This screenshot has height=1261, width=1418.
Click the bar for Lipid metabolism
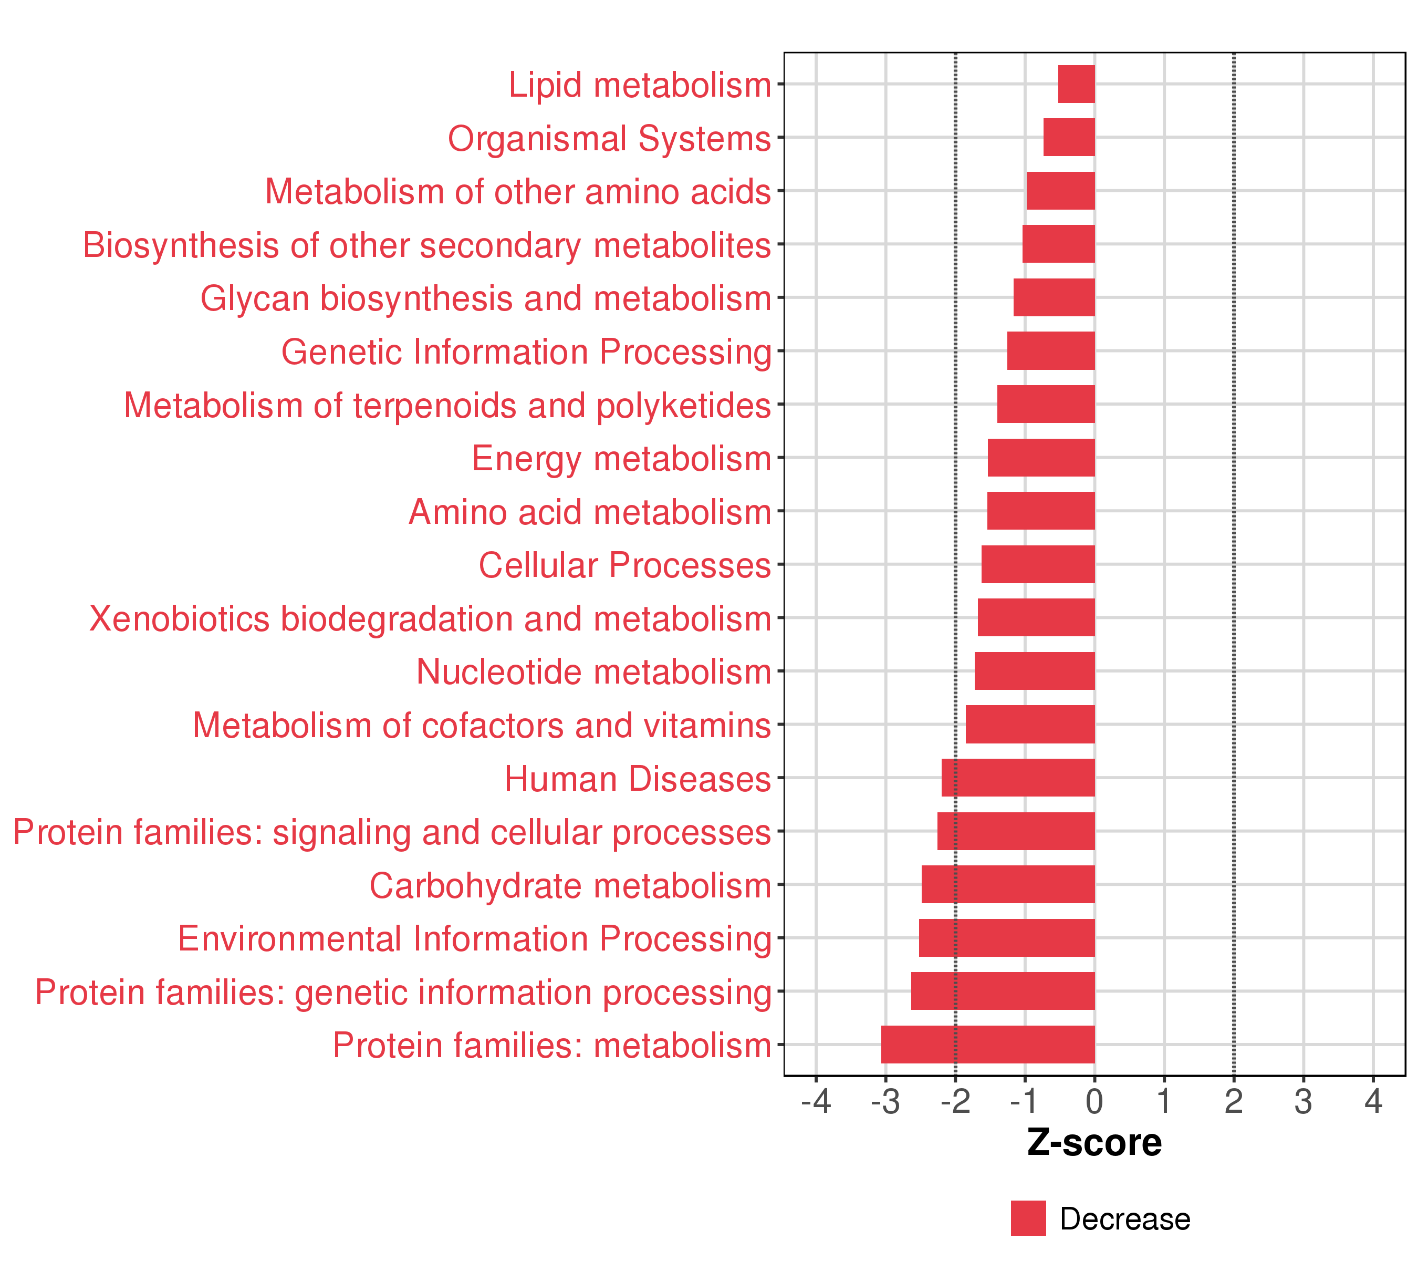(1076, 84)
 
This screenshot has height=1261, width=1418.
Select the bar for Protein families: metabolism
(988, 1044)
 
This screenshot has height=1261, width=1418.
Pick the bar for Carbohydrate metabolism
(1008, 884)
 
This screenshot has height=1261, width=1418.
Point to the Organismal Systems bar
(1069, 138)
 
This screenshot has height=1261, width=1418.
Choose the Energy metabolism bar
(1041, 457)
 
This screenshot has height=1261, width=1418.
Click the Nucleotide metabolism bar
(1035, 670)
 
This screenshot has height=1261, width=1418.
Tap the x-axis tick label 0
(1094, 1101)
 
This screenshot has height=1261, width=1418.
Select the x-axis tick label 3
(1304, 1101)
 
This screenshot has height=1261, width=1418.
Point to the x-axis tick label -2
(955, 1101)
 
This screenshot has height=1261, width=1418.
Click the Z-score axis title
(1094, 1143)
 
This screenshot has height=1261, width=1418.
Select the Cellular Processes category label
(624, 565)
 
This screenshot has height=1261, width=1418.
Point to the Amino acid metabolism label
(590, 512)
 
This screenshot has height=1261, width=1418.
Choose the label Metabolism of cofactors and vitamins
(482, 725)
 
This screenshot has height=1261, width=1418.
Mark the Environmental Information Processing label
(475, 938)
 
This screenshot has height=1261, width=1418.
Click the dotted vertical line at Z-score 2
(1234, 555)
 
